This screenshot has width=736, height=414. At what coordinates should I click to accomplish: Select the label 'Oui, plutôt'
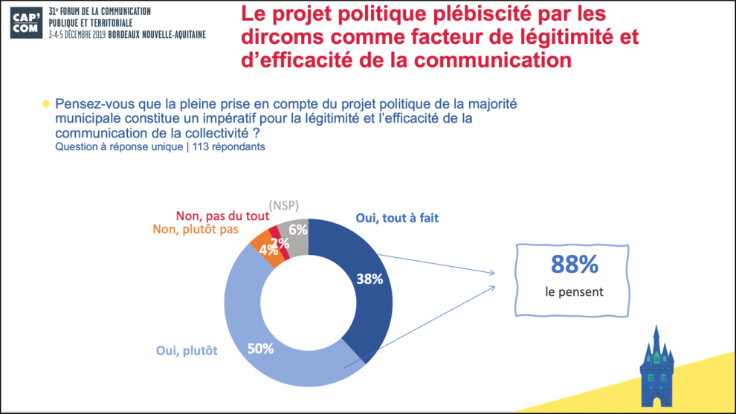(x=186, y=350)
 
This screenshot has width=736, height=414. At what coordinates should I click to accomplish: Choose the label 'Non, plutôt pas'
(x=196, y=229)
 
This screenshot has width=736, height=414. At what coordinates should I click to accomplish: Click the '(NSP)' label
(x=283, y=205)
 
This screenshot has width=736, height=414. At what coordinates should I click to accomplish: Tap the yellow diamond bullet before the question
(x=46, y=103)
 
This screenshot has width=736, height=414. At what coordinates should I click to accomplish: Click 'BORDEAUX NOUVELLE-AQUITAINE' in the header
(x=156, y=35)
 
